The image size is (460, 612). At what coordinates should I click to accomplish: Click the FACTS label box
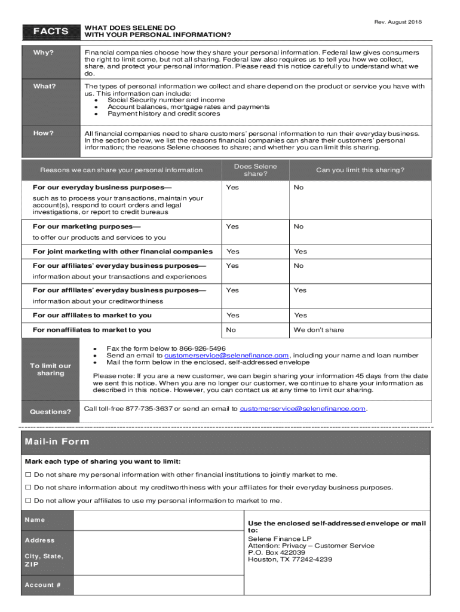50,31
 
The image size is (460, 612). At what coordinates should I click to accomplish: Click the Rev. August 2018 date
398,22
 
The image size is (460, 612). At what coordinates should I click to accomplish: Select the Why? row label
44,53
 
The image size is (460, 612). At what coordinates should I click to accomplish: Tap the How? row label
44,133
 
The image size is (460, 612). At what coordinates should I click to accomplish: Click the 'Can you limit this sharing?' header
360,170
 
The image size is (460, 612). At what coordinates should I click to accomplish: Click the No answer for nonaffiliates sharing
231,330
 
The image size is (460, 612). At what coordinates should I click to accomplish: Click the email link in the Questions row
302,409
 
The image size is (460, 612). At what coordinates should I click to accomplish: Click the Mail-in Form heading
57,442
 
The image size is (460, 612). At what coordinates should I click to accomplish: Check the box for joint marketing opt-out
27,475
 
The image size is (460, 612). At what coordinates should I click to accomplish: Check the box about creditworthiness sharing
27,488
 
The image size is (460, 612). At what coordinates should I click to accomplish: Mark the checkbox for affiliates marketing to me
27,501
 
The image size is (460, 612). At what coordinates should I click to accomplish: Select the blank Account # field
158,585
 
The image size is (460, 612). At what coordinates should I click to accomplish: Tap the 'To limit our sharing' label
50,369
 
